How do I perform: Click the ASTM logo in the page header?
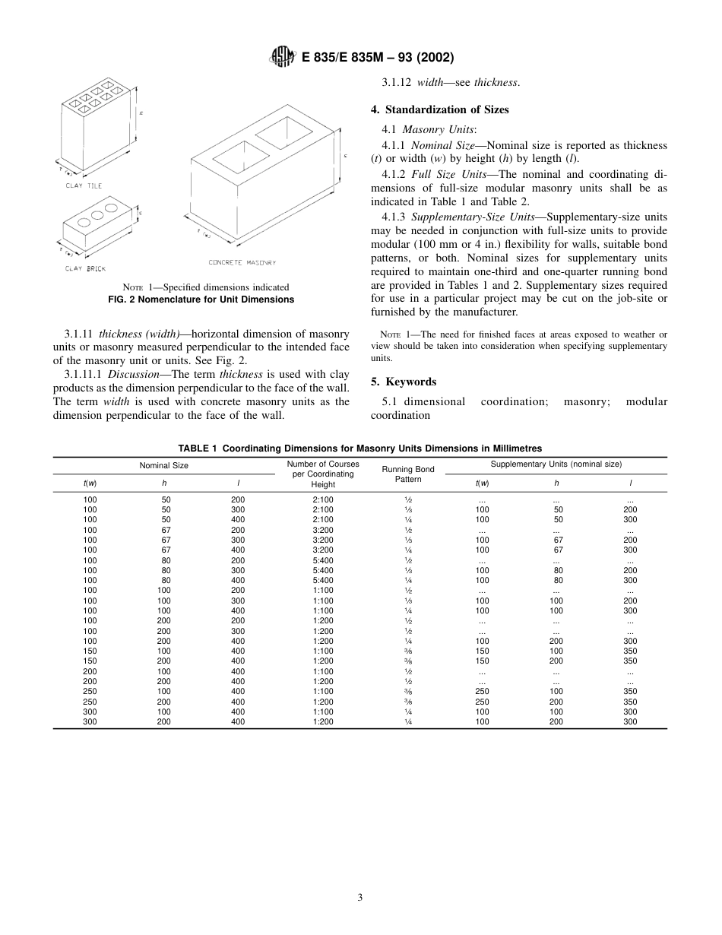click(281, 57)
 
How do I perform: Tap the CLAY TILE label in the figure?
click(84, 185)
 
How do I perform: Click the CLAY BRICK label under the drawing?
click(84, 268)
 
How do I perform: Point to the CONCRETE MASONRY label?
click(242, 262)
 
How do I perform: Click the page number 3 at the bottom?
click(360, 897)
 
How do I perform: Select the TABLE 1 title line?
click(359, 448)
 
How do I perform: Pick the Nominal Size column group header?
click(163, 465)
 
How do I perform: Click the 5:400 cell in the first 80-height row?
click(323, 560)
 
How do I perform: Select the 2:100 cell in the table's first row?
click(323, 499)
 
